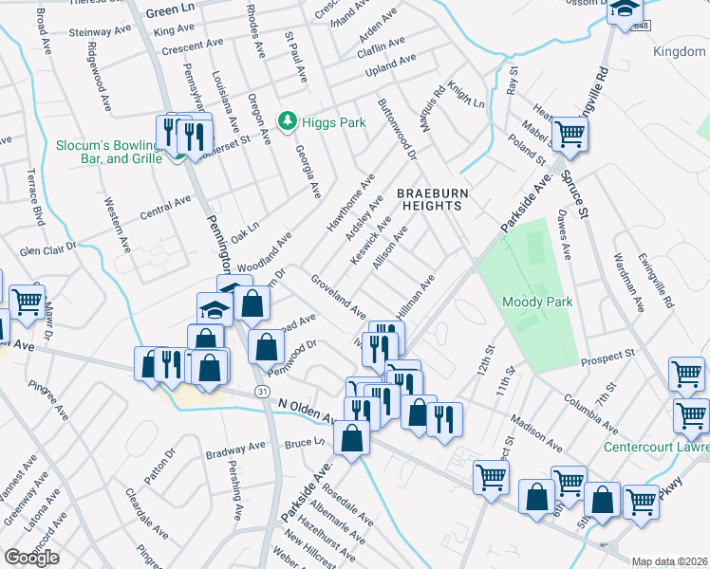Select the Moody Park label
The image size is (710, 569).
534,303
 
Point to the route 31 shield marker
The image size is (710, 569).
261,391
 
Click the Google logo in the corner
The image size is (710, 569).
31,558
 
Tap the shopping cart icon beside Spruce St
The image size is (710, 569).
570,134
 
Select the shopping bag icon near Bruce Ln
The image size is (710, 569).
352,438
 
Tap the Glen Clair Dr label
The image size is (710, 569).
47,248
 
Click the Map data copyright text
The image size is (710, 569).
669,561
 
